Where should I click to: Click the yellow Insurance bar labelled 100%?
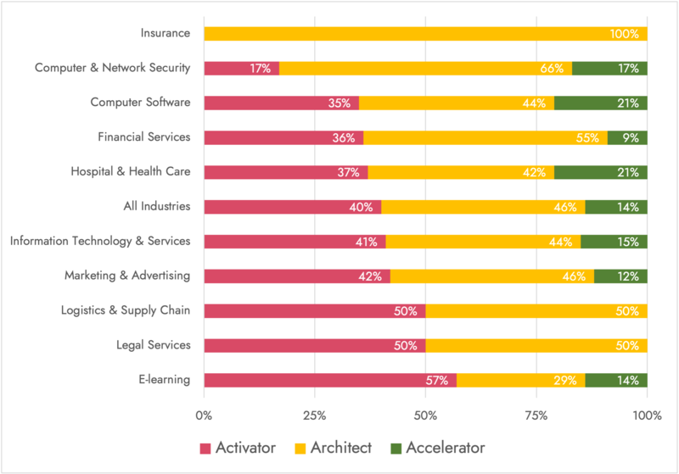[425, 34]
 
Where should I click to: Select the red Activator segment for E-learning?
[330, 380]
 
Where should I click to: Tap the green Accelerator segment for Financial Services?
[627, 137]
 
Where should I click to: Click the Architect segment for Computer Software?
[457, 103]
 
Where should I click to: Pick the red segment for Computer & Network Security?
[242, 68]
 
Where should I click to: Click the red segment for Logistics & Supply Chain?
[314, 310]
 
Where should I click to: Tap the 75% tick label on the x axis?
[536, 415]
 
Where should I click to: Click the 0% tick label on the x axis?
[204, 415]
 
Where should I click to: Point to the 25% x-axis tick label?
[315, 415]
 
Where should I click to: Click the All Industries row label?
[154, 206]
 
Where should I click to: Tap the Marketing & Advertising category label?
[127, 276]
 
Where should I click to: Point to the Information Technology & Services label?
[100, 241]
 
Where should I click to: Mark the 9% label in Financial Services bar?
[631, 137]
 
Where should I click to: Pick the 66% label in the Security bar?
[552, 68]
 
